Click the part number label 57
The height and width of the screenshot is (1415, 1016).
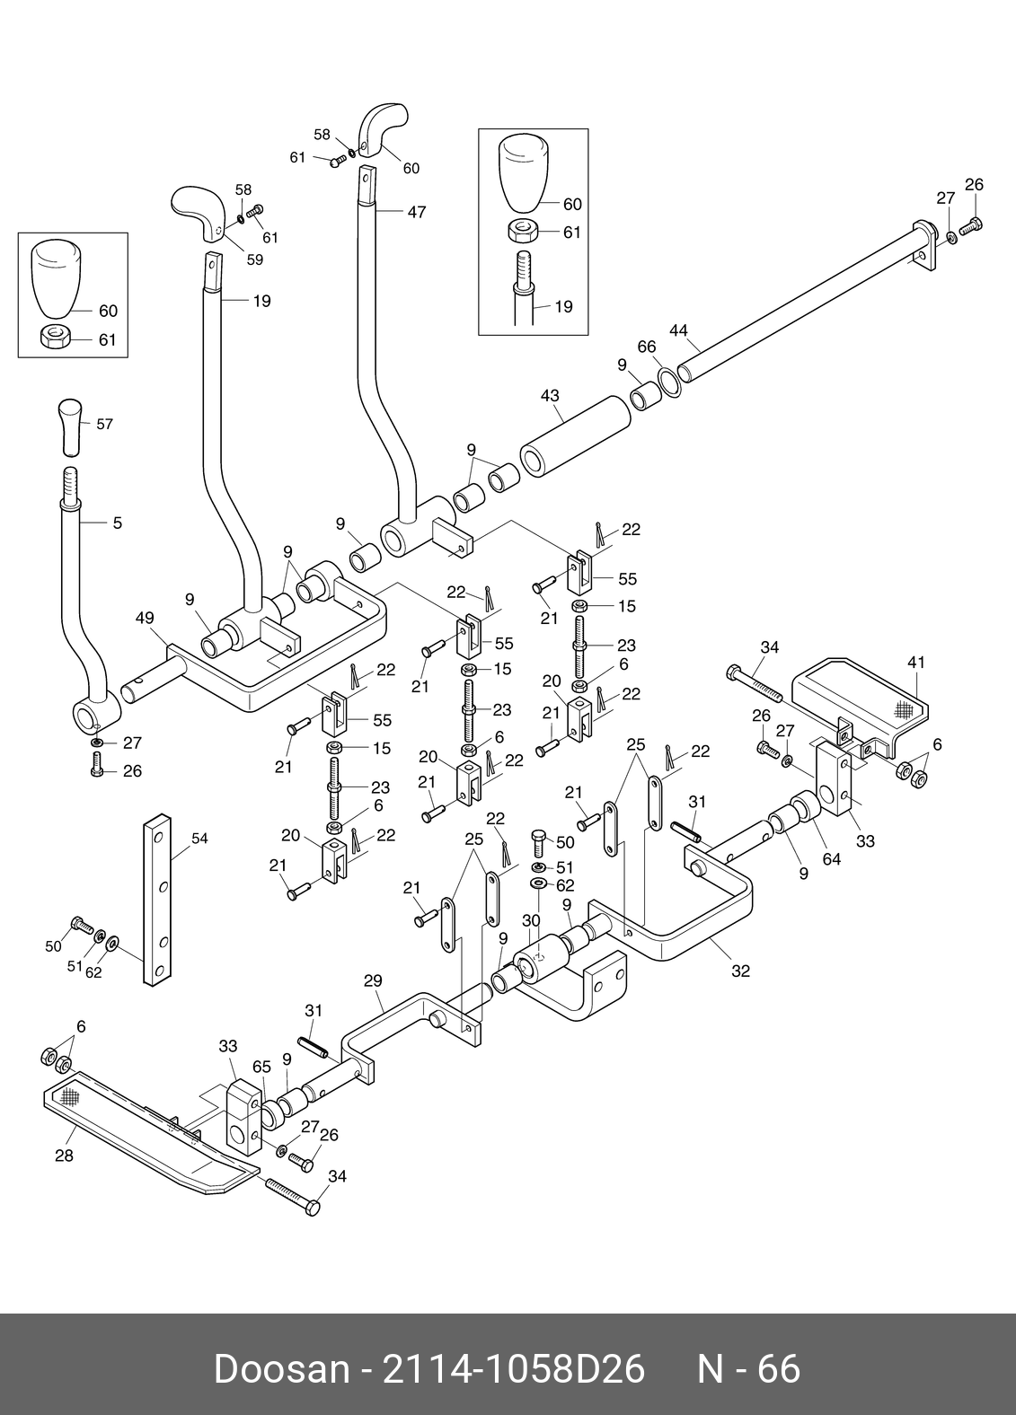coord(104,424)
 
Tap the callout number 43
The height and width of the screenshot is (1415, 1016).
coord(550,395)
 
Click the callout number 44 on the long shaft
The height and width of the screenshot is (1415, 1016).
coord(678,330)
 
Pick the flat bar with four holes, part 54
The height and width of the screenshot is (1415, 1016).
coord(157,900)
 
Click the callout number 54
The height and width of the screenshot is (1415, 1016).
coord(199,839)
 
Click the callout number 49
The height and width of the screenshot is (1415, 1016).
coord(145,618)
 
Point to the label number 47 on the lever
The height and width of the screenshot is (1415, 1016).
coord(416,212)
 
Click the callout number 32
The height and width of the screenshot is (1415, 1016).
coord(740,971)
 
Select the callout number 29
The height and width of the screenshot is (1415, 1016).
coord(374,981)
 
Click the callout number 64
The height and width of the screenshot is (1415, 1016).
coord(832,859)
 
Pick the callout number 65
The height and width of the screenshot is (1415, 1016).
coord(261,1067)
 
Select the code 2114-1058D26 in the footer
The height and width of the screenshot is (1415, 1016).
coord(514,1369)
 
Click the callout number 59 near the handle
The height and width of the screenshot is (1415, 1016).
coord(254,260)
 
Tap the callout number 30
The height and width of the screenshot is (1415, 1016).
coord(531,920)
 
